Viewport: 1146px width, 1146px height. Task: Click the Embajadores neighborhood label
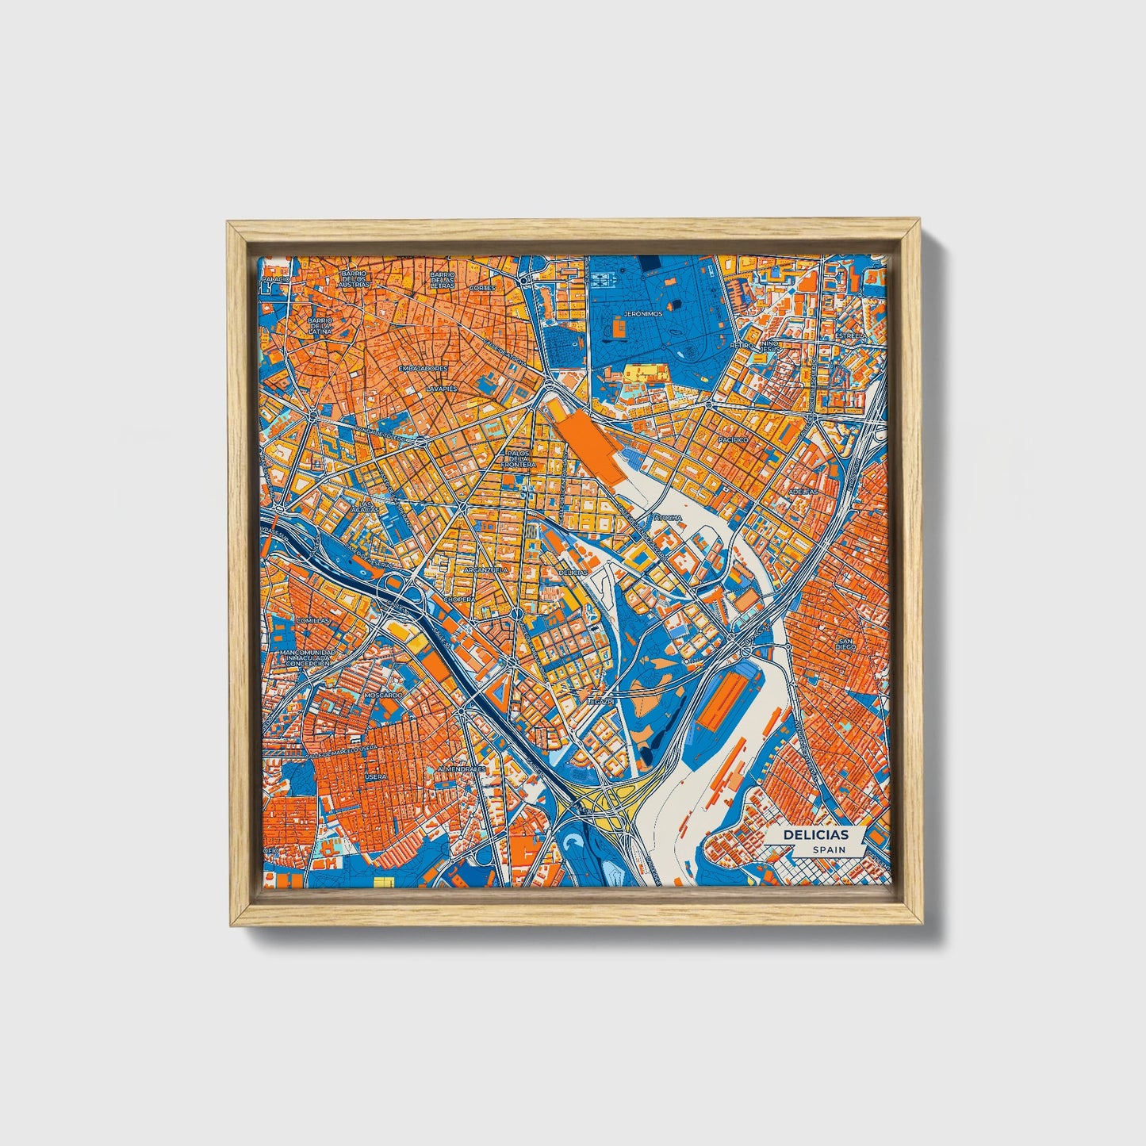tap(423, 369)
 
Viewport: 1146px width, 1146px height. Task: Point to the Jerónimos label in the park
tap(642, 314)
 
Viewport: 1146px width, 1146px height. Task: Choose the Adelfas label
tap(803, 492)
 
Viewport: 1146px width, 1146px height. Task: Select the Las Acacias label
tap(366, 508)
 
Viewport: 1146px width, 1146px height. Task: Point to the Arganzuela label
tap(485, 569)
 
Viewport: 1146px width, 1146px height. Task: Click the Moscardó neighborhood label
tap(384, 695)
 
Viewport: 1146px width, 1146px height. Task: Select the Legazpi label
tap(600, 703)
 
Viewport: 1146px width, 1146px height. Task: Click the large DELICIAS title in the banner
tap(815, 835)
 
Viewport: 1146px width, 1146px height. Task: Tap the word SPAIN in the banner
tap(829, 849)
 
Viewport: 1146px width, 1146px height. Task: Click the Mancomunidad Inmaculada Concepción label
tap(308, 657)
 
